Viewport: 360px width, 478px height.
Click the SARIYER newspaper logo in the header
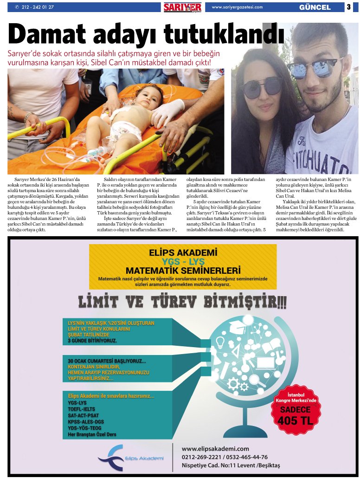pos(182,7)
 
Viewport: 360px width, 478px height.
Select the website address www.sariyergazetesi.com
pos(237,7)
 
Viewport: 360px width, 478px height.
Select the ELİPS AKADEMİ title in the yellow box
pos(183,253)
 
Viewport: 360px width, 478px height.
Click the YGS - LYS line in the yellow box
pos(183,261)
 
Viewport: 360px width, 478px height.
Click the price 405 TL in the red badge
pos(295,420)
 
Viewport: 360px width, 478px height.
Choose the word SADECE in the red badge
pos(295,410)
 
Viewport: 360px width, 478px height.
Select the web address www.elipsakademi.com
pos(215,449)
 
